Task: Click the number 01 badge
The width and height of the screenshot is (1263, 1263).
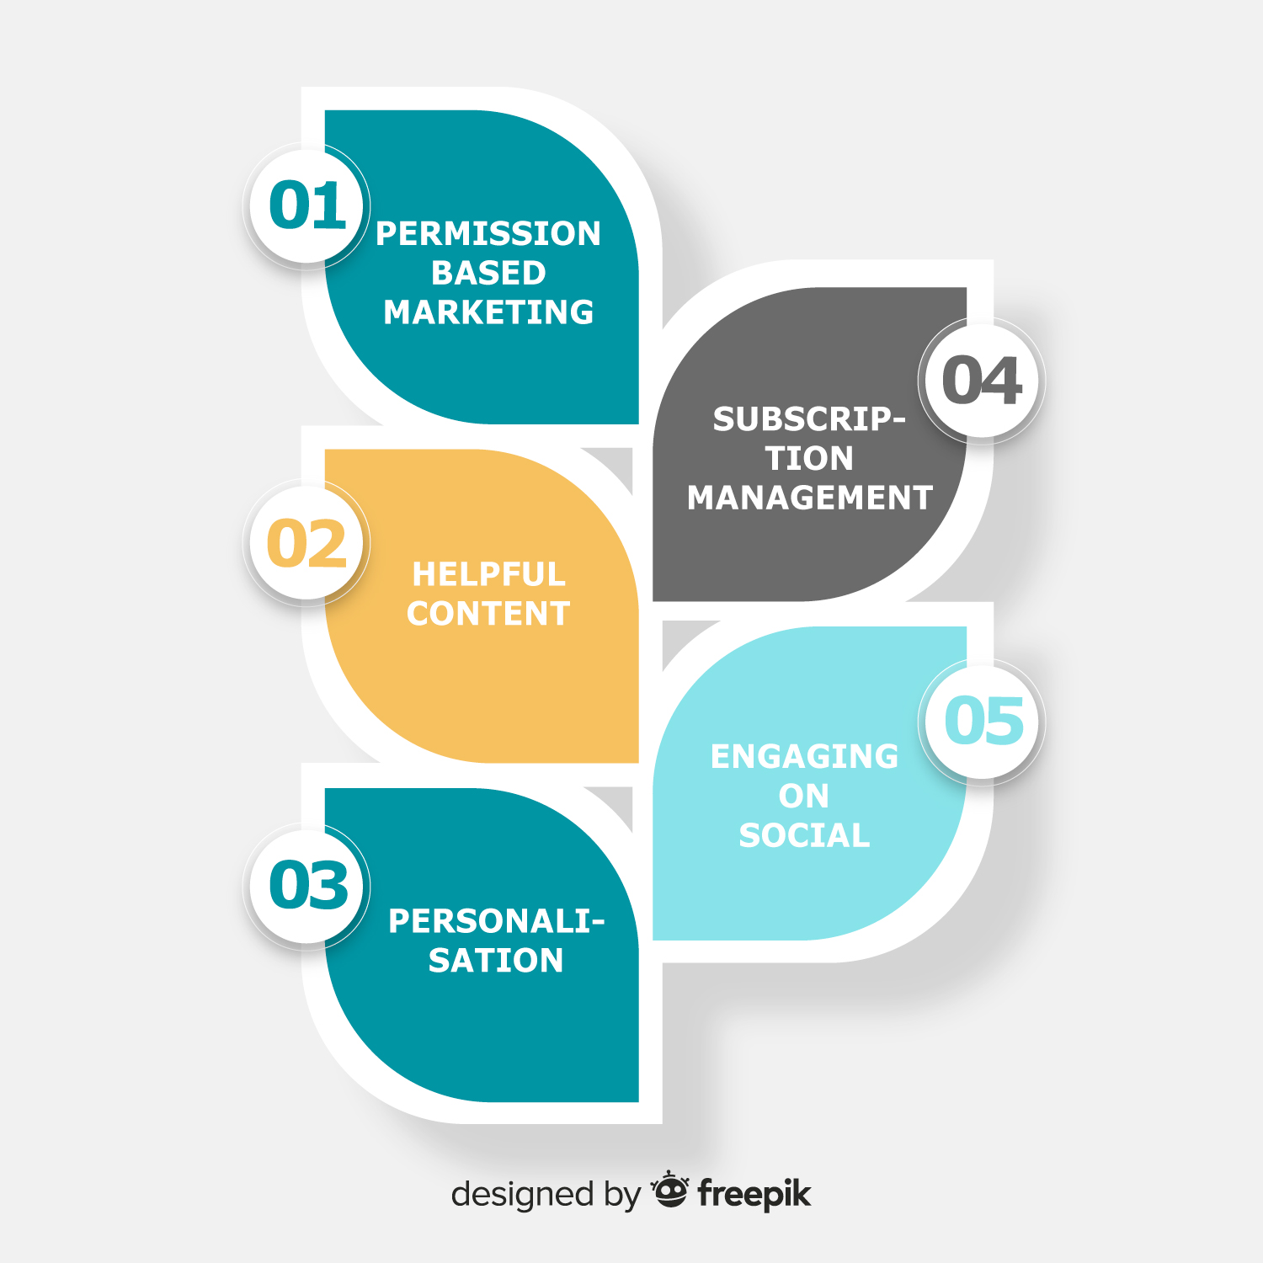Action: [x=307, y=205]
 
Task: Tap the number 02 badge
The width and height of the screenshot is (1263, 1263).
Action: [x=307, y=543]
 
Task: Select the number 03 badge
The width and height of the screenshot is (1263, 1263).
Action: [x=307, y=886]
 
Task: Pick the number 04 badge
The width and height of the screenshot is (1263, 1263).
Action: [x=982, y=380]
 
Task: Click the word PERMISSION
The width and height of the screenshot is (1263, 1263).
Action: [x=488, y=234]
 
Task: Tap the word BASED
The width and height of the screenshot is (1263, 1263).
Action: [x=488, y=273]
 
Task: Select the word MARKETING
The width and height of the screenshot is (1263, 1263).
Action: [x=488, y=312]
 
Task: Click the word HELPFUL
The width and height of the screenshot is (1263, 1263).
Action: [x=488, y=574]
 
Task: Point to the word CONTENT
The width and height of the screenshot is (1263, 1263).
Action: [x=488, y=614]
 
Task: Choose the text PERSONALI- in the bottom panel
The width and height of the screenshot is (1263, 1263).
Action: [x=496, y=921]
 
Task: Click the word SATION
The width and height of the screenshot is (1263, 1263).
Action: [x=496, y=961]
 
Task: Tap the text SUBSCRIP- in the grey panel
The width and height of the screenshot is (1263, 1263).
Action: [x=809, y=419]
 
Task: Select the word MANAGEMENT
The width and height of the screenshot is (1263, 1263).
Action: [x=809, y=498]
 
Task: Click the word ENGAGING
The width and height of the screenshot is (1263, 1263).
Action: [x=804, y=756]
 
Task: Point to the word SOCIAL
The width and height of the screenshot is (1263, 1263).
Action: [x=804, y=835]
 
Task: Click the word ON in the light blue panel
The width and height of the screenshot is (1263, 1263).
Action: [x=804, y=796]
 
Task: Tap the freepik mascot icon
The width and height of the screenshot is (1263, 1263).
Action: [x=670, y=1189]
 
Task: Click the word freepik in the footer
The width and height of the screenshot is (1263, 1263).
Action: [x=754, y=1194]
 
